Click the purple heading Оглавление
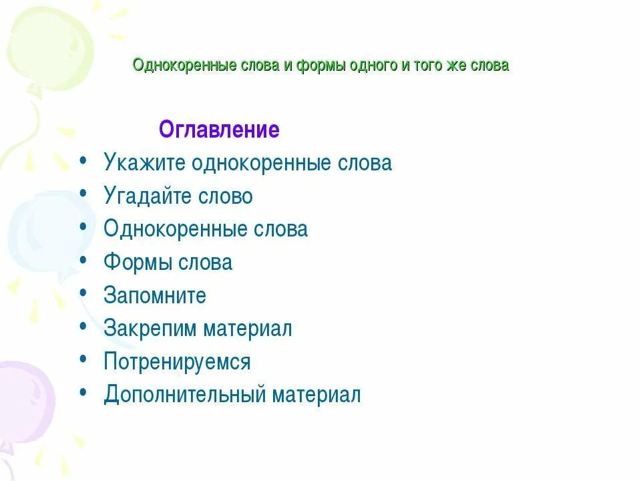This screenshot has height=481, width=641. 219,130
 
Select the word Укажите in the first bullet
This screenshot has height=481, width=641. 145,163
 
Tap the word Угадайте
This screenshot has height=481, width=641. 148,196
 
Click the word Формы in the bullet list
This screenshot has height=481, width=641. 138,263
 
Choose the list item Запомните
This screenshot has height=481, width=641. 155,295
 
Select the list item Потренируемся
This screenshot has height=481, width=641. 177,362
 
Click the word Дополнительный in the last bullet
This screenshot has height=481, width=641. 185,395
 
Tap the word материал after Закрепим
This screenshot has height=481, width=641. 248,329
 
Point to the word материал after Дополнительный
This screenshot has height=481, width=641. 316,395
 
